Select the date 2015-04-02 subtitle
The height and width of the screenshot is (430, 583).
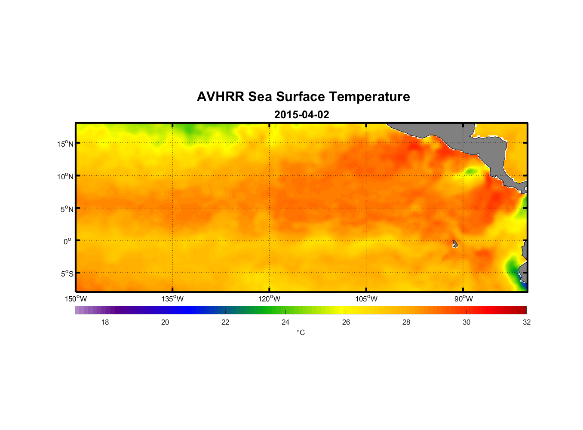tap(301, 115)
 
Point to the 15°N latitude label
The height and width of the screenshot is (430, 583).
tap(65, 144)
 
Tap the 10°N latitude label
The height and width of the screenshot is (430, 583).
tap(65, 176)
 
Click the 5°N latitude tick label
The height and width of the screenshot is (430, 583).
tap(67, 209)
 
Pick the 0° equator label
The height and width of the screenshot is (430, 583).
tap(68, 241)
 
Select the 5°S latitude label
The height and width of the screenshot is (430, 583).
tap(67, 274)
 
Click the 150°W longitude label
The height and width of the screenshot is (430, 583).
tap(76, 299)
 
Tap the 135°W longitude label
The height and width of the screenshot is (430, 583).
tap(172, 299)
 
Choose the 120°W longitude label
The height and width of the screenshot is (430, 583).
tap(269, 299)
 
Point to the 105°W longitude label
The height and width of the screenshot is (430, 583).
tap(366, 299)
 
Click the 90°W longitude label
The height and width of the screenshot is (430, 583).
tap(463, 299)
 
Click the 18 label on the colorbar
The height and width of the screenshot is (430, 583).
tap(105, 322)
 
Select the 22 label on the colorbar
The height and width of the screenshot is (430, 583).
tap(225, 322)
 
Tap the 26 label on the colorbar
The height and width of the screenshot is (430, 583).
tap(346, 322)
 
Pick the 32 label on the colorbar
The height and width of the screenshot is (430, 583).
tap(527, 322)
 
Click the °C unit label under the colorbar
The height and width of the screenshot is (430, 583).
tap(301, 332)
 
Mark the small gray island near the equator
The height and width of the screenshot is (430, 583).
tap(455, 244)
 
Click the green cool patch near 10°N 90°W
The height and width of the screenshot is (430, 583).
tap(471, 171)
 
